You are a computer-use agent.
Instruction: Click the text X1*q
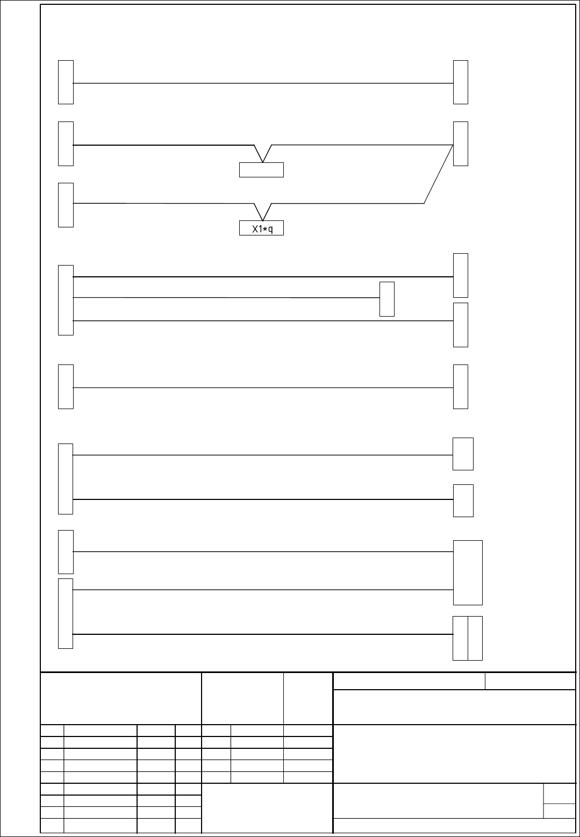point(262,229)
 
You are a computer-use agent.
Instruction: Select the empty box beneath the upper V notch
point(262,170)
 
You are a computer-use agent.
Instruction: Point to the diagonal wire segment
point(439,174)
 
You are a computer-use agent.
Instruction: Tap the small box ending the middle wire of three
point(387,299)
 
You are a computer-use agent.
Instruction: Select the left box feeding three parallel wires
point(66,300)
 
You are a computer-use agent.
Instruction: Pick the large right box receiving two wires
point(468,573)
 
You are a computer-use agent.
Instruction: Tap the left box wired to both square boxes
point(66,478)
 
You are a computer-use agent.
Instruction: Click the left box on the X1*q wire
point(66,205)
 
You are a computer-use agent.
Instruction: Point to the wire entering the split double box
point(263,634)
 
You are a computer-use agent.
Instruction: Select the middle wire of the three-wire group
point(226,297)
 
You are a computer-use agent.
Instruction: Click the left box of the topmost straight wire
point(66,82)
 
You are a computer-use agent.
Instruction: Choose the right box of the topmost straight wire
point(461,82)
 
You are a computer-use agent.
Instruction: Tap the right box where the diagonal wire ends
point(461,144)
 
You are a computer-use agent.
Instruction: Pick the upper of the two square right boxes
point(463,454)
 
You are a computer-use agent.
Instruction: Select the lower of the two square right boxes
point(463,500)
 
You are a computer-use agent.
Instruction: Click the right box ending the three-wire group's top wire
point(461,275)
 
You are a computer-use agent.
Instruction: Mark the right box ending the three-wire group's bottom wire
point(461,325)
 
